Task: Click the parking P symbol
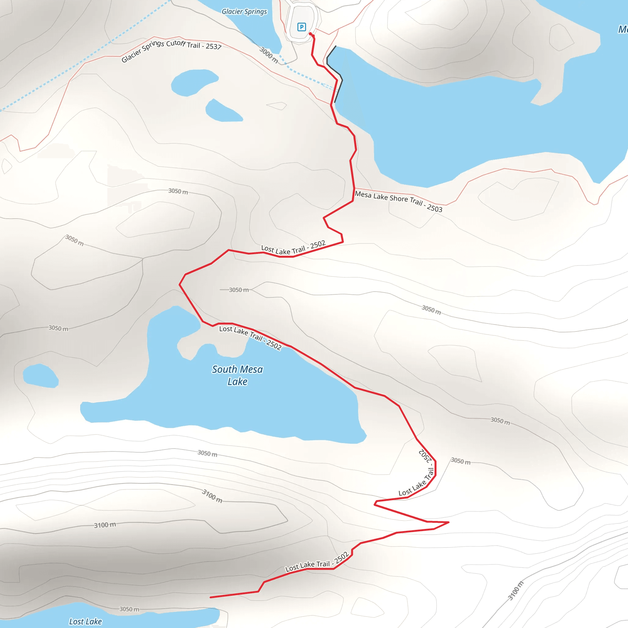301,27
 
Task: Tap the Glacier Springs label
244,12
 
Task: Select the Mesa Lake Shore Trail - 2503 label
399,201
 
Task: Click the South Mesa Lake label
237,375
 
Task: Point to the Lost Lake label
86,621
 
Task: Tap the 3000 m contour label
269,55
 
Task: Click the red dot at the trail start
310,34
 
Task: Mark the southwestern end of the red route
211,597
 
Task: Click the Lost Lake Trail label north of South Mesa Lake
293,248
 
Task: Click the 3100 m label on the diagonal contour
515,591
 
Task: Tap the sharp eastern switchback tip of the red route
449,522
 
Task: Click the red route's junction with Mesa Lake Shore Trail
354,189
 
